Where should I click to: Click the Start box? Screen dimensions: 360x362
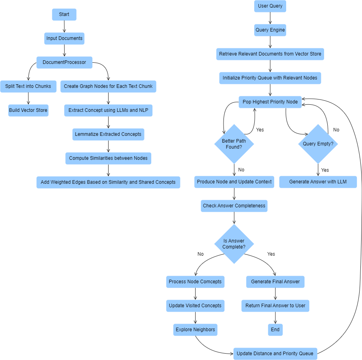click(64, 14)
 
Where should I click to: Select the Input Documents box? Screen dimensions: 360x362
click(64, 38)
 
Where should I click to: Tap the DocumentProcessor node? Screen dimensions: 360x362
click(64, 62)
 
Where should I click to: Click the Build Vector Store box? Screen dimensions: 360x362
click(28, 110)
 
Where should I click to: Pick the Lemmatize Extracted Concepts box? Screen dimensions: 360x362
click(108, 134)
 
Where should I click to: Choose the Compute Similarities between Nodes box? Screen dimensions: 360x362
click(108, 158)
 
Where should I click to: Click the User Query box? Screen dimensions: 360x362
click(270, 6)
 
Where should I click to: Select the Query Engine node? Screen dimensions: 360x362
click(270, 30)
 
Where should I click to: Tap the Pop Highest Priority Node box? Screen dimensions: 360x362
click(270, 102)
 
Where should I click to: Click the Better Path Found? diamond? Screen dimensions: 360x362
click(234, 144)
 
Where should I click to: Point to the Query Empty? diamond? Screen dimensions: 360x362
click(318, 144)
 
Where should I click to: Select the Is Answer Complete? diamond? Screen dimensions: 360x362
click(234, 244)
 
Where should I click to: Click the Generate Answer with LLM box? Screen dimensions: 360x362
click(318, 182)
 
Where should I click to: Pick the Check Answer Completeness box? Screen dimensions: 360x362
click(234, 206)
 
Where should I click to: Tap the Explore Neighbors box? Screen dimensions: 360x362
click(196, 330)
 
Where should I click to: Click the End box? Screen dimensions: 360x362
click(275, 330)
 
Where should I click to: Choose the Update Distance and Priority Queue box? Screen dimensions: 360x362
click(275, 354)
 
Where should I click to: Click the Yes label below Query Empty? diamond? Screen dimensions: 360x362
click(325, 170)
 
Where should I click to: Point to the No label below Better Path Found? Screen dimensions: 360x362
click(241, 170)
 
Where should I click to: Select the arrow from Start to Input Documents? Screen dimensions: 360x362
click(64, 26)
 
